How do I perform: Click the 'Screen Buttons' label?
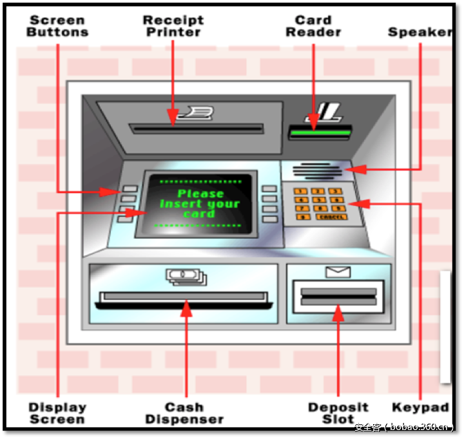click(x=59, y=26)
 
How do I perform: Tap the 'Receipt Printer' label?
click(x=173, y=26)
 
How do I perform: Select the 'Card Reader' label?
click(x=313, y=26)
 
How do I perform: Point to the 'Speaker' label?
click(x=420, y=32)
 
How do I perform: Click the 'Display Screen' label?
click(x=57, y=413)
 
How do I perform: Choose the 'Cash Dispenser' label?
click(x=184, y=413)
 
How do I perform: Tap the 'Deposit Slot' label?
click(x=338, y=413)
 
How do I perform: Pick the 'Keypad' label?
click(x=420, y=407)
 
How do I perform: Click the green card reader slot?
click(x=320, y=133)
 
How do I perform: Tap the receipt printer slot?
click(x=197, y=129)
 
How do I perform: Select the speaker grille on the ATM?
click(x=316, y=171)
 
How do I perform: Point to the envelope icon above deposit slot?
click(x=337, y=272)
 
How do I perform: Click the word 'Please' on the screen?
click(x=200, y=194)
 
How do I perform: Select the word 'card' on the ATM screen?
click(x=198, y=214)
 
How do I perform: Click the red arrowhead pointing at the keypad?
click(x=357, y=203)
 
